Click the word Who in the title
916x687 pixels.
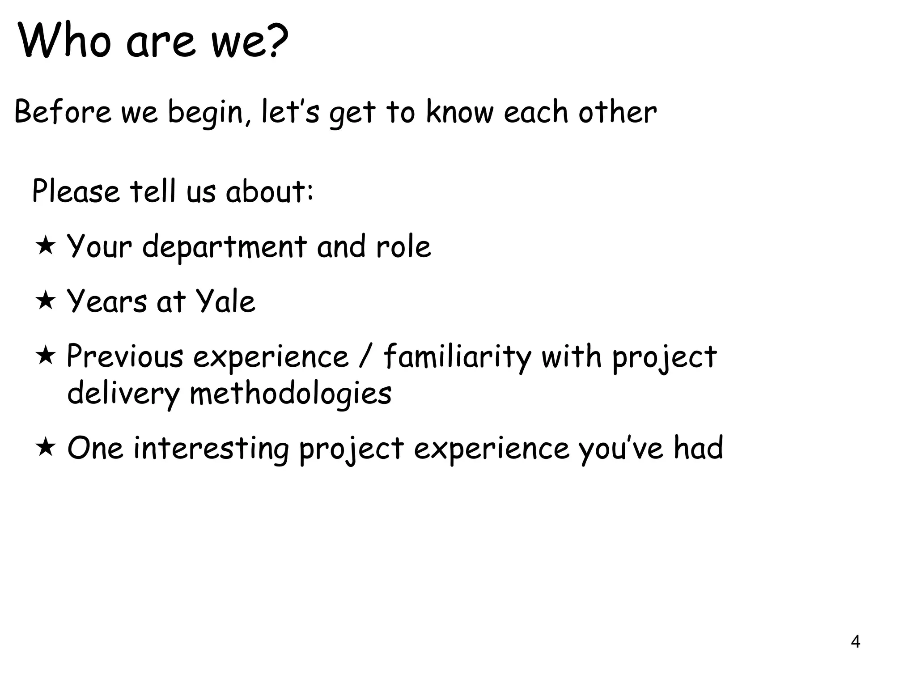[65, 41]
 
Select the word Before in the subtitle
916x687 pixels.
[63, 112]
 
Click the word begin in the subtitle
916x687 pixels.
[205, 113]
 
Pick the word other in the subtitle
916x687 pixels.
[617, 112]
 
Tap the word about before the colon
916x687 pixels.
[266, 192]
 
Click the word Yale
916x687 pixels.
[226, 301]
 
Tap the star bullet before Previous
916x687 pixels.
[46, 356]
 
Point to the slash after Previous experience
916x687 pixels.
[366, 356]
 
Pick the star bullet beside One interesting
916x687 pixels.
[46, 448]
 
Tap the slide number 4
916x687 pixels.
[855, 642]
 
